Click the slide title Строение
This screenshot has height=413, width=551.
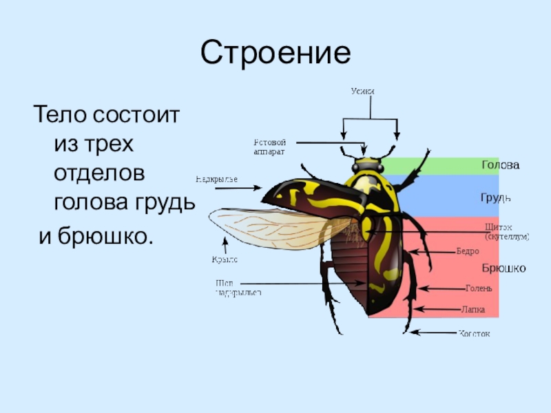coord(275,53)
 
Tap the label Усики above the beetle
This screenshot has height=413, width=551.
coord(362,91)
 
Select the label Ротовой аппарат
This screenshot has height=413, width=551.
coord(269,146)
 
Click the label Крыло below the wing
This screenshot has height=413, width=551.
coord(225,260)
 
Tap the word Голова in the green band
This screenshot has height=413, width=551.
coord(500,165)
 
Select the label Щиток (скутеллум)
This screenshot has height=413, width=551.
coord(506,231)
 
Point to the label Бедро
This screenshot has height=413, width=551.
coord(468,251)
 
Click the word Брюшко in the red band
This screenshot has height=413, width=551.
coord(503,268)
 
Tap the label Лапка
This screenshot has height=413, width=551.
coord(473,310)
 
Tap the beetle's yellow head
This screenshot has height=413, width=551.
coord(367,166)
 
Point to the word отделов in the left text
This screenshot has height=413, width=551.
coord(99,174)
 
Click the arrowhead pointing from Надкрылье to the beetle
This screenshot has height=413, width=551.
coord(258,187)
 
